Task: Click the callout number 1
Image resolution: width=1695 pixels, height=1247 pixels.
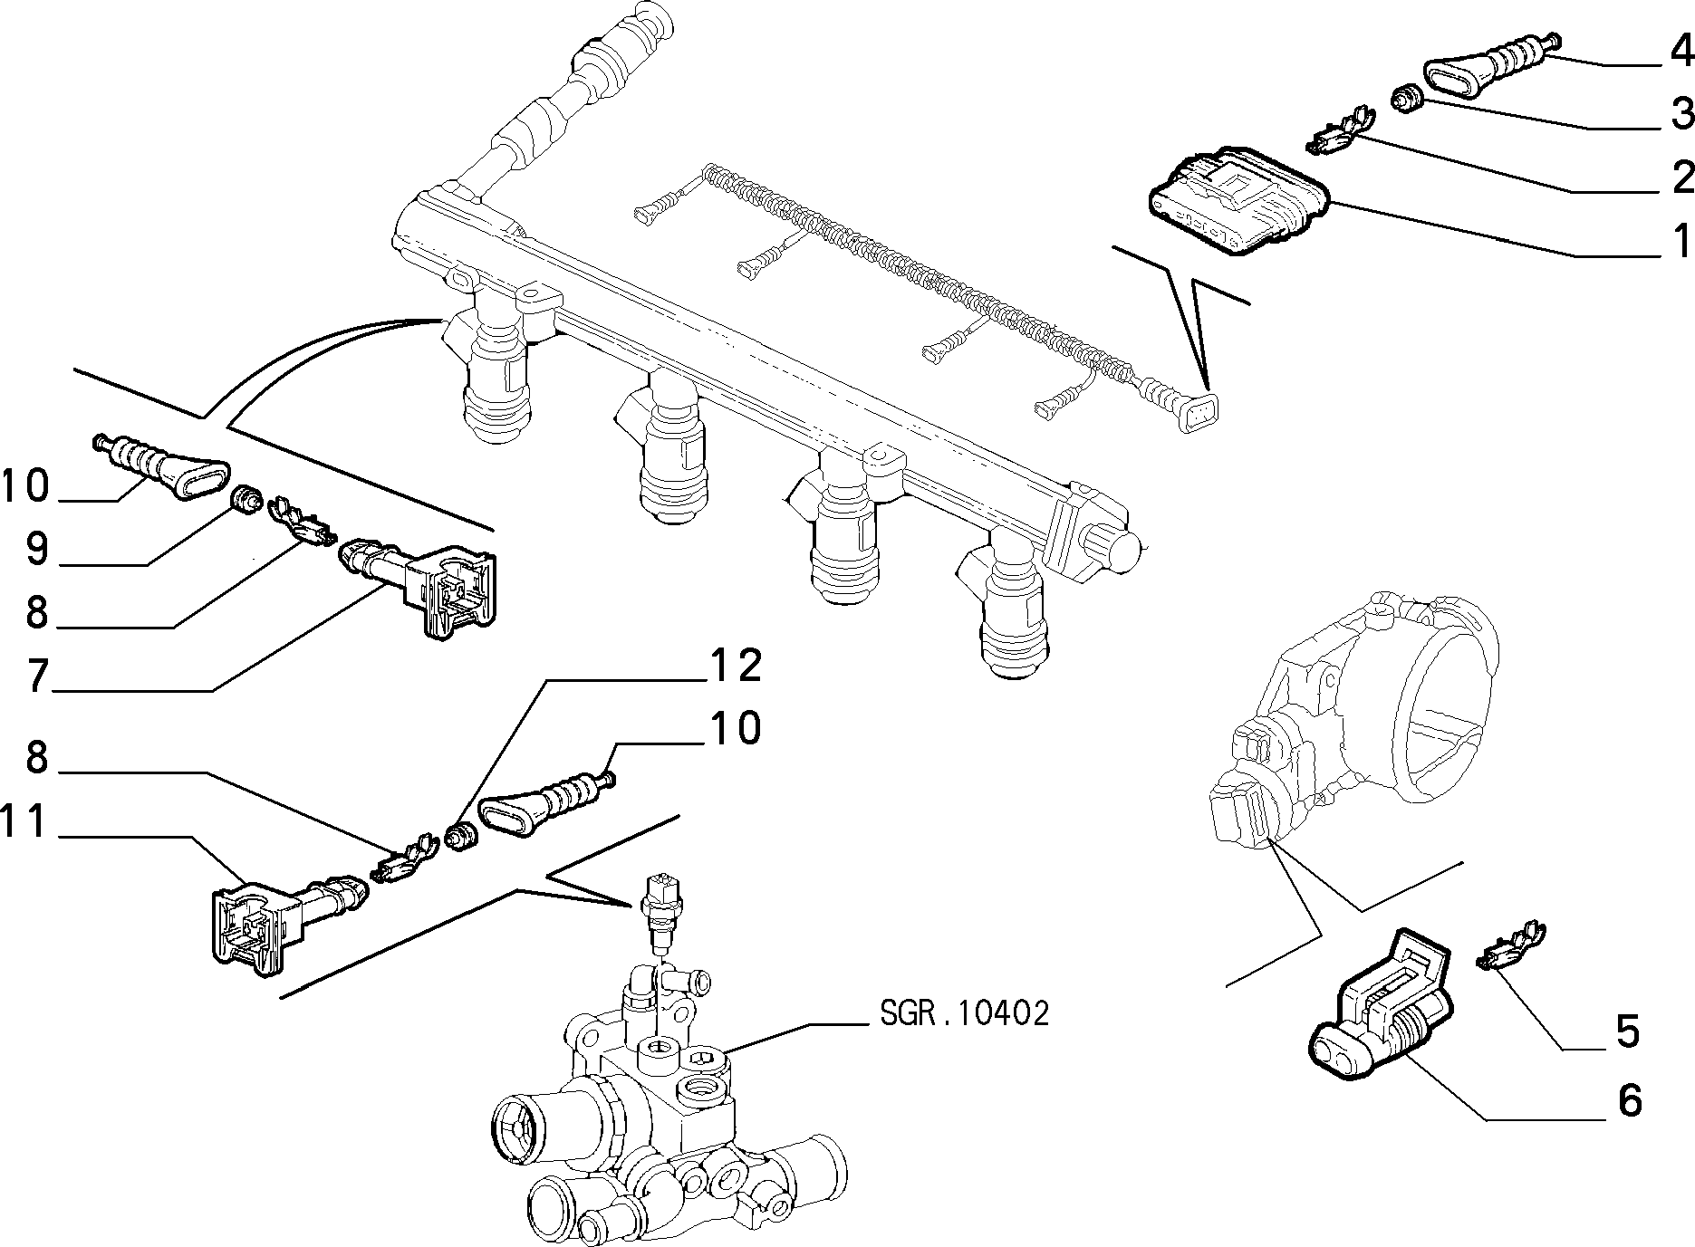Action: tap(1681, 242)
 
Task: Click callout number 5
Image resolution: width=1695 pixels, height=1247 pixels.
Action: tap(1628, 1031)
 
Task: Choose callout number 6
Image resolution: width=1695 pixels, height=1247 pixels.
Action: tap(1628, 1100)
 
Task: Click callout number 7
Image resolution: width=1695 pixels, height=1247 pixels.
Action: tap(35, 676)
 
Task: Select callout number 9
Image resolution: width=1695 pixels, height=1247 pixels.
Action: tap(35, 549)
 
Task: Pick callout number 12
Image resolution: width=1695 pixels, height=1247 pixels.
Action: tap(735, 667)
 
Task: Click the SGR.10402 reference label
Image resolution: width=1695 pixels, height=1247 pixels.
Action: tap(964, 1012)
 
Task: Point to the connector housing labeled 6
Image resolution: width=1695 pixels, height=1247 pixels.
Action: tap(1381, 1006)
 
